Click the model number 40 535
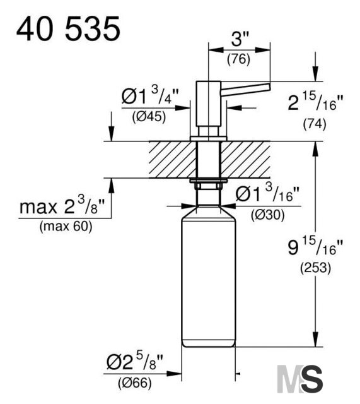[x=68, y=28]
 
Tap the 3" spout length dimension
[x=240, y=39]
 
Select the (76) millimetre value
[x=238, y=59]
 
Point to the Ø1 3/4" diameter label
[x=150, y=95]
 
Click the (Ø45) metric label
[x=149, y=117]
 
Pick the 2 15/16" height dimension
[x=315, y=102]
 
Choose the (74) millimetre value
[x=315, y=124]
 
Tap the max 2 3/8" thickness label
[x=62, y=205]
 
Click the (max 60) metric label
[x=66, y=227]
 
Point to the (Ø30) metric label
[x=267, y=215]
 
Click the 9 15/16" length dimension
[x=315, y=247]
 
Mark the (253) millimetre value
[x=315, y=268]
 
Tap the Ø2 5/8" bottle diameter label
[x=135, y=361]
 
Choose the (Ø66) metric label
[x=134, y=383]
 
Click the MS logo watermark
[x=299, y=379]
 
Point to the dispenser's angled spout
[x=245, y=89]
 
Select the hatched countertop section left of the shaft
[x=172, y=160]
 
